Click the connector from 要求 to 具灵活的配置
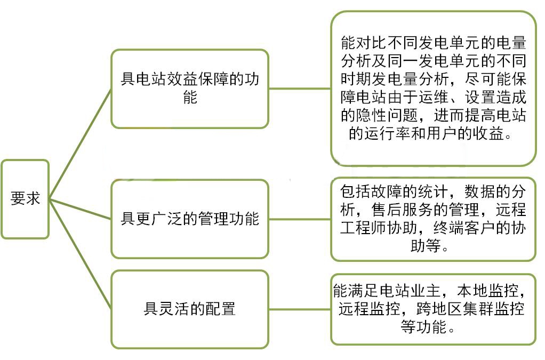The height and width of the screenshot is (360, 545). coord(80,254)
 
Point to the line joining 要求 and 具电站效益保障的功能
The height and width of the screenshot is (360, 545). coord(80,144)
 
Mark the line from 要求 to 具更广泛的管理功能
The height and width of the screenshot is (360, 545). coord(80,209)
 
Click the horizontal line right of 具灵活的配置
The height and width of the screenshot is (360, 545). coord(300,309)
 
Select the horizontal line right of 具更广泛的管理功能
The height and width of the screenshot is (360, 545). coord(300,219)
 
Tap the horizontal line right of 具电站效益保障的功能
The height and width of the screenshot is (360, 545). coord(300,89)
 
